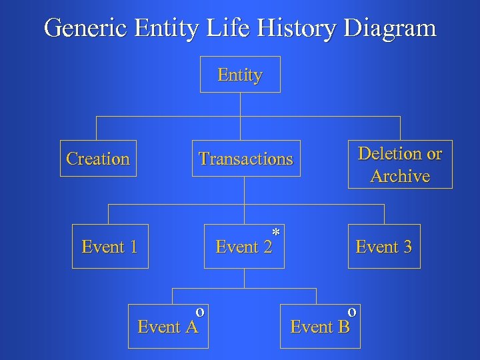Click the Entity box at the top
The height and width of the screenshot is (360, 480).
click(x=240, y=75)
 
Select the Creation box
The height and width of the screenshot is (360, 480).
click(x=98, y=159)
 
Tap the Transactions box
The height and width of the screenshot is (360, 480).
click(x=245, y=159)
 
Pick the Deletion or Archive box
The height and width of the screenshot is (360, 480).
click(x=399, y=165)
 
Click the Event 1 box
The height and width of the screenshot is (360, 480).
click(x=109, y=247)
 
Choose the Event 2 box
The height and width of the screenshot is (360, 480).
click(x=245, y=247)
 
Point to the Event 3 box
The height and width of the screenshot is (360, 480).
click(x=384, y=247)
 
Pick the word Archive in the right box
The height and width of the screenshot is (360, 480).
click(x=400, y=177)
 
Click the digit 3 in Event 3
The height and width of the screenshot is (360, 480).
click(x=407, y=247)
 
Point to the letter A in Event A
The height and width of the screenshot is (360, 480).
click(x=191, y=327)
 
